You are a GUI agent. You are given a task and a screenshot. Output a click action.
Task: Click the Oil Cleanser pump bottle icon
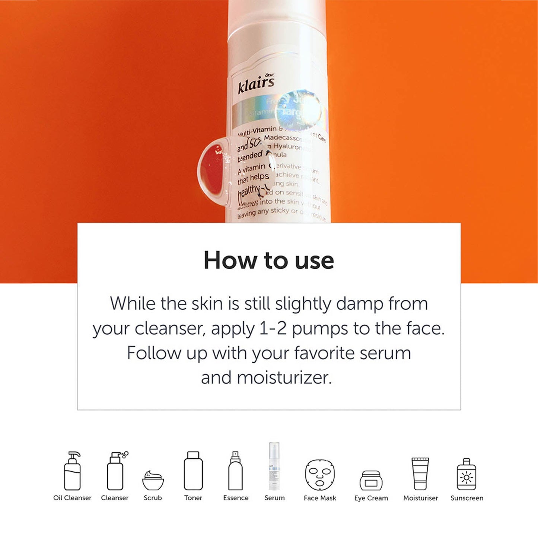72,471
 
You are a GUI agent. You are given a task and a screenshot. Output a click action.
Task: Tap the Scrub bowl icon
153,481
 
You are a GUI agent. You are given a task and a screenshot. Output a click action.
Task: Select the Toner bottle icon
193,471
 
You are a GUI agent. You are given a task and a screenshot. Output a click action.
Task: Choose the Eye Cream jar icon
371,481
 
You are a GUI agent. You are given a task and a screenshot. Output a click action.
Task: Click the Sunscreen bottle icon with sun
467,474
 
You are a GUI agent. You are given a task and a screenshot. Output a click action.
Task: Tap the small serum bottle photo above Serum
274,467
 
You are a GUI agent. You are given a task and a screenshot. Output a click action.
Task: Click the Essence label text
236,498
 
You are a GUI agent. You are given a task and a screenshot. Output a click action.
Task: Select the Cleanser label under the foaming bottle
115,498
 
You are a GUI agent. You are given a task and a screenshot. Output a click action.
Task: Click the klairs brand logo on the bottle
256,85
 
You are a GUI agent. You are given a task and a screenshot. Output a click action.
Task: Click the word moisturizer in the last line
284,378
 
